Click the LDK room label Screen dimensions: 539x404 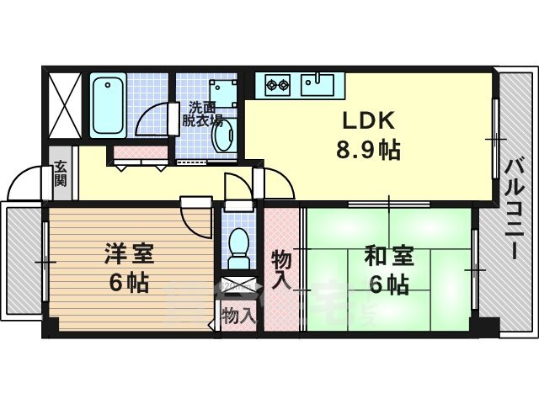click(367, 120)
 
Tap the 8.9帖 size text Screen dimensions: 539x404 click(368, 150)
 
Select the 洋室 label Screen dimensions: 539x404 click(129, 254)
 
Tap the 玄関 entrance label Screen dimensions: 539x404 click(60, 173)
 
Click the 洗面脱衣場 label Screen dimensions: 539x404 click(202, 114)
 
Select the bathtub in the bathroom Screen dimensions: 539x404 click(108, 105)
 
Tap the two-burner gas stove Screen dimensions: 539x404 click(278, 84)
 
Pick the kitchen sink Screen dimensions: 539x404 click(318, 84)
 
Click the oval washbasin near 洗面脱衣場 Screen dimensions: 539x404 click(223, 136)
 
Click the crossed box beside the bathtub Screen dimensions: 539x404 click(66, 105)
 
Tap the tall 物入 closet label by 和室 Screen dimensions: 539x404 click(281, 270)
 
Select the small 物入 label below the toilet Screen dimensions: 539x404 click(239, 316)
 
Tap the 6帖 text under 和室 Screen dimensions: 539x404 click(389, 284)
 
